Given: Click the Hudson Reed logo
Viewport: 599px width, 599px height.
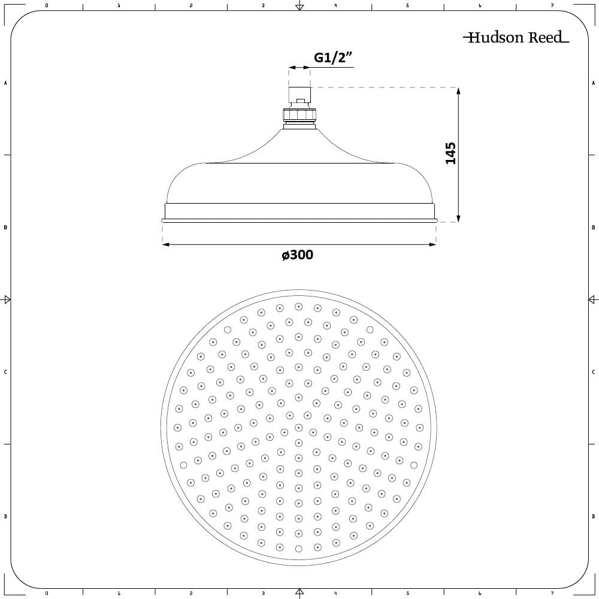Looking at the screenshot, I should [x=516, y=38].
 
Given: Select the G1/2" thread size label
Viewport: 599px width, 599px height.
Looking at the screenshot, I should [x=333, y=58].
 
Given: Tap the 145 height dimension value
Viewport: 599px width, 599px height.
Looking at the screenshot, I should [x=451, y=153].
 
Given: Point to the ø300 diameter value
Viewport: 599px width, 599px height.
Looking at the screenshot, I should [x=298, y=255].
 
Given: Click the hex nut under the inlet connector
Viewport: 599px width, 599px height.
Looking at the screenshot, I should [x=299, y=114].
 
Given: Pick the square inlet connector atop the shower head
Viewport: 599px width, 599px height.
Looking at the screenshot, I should [x=299, y=95].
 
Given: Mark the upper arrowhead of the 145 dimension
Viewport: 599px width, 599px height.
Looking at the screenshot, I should [x=458, y=91].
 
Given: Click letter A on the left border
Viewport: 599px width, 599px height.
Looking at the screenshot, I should [x=5, y=83].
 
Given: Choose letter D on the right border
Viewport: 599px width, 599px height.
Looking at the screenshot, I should [x=593, y=516].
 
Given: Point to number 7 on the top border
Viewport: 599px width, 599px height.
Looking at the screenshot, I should [x=552, y=5].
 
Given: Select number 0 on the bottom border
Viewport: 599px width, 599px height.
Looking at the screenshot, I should [x=47, y=594].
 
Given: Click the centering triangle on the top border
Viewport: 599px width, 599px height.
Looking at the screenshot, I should [x=299, y=7].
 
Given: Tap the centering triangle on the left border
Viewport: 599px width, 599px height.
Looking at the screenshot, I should [x=7, y=299].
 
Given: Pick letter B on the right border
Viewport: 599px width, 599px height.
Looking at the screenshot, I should [x=593, y=228].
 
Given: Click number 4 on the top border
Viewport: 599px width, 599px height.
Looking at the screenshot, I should [x=335, y=5].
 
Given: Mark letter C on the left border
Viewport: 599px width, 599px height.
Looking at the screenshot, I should [x=5, y=372].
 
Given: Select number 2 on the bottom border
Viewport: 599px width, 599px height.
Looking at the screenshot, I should [x=190, y=594].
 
